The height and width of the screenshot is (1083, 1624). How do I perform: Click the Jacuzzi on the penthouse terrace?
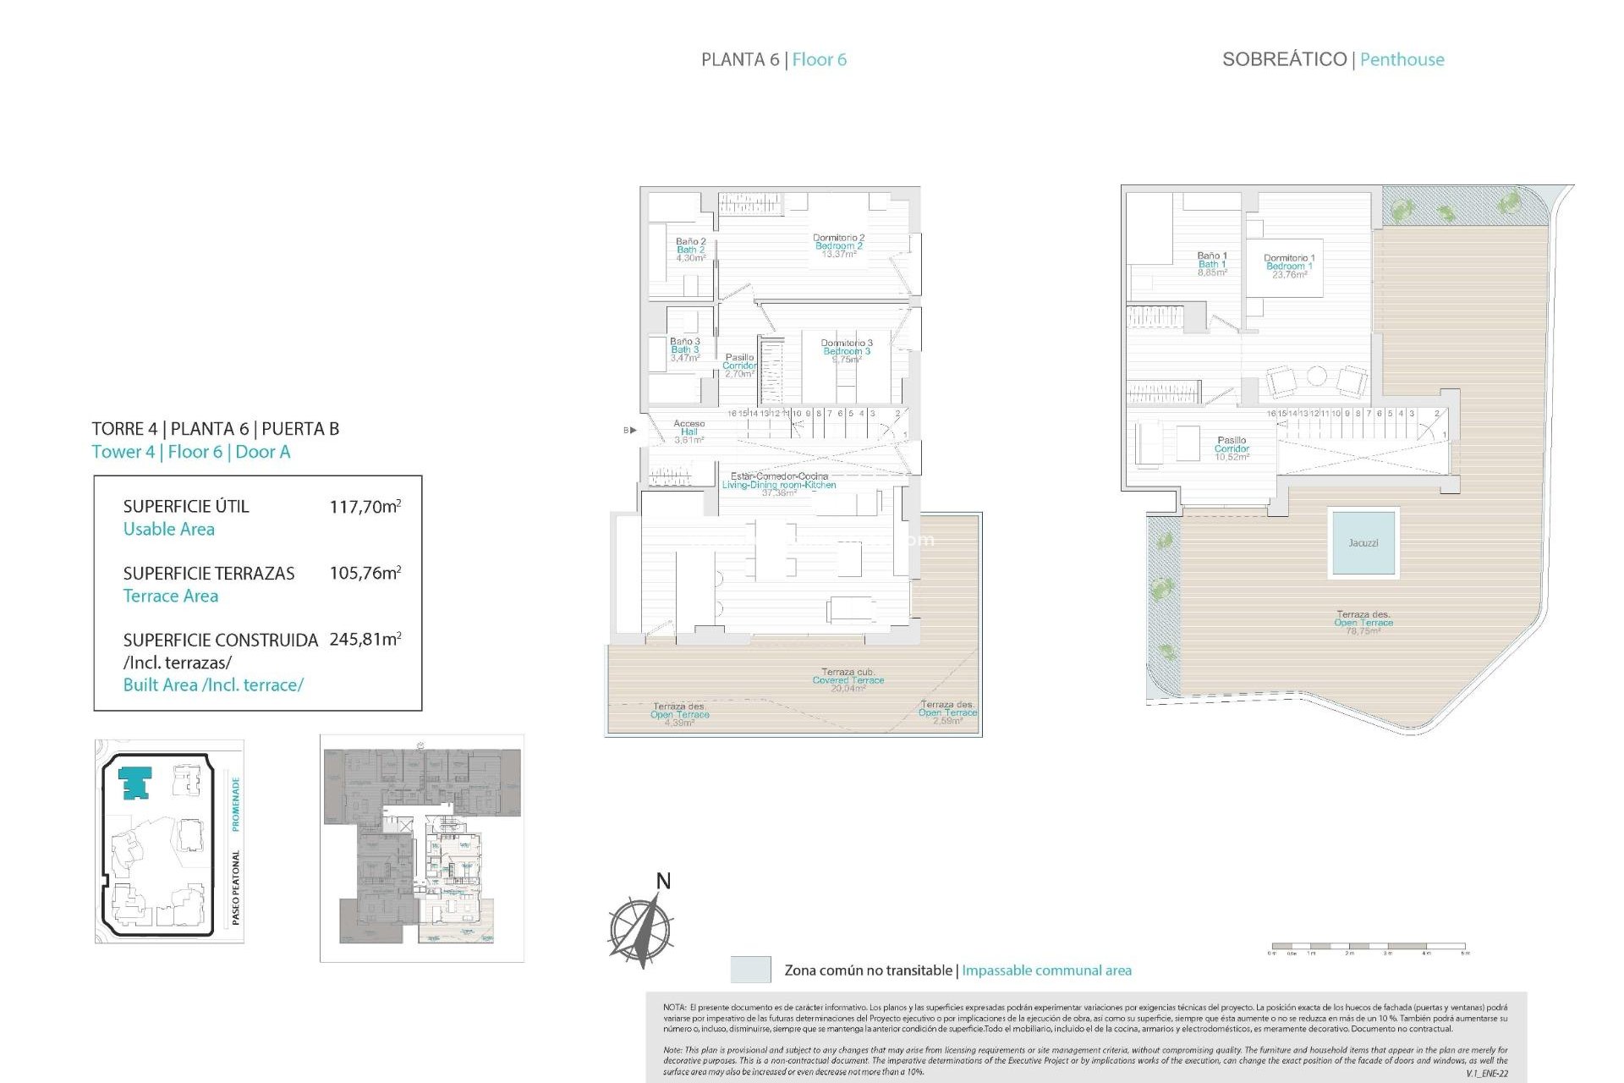[x=1363, y=542]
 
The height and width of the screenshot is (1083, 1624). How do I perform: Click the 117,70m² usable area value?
[x=365, y=507]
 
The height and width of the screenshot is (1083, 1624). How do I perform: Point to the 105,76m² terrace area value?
[x=365, y=573]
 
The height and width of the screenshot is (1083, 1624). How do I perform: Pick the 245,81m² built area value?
[x=365, y=640]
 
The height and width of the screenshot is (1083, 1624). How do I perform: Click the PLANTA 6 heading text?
[x=740, y=59]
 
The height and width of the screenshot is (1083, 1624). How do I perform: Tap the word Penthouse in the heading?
[x=1402, y=59]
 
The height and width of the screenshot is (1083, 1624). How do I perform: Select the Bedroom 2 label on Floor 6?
[x=838, y=246]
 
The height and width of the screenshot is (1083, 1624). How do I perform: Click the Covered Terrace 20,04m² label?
[x=848, y=680]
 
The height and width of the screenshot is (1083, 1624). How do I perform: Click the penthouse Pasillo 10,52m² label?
[x=1232, y=448]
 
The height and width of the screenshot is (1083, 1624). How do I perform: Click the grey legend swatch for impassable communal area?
[x=750, y=970]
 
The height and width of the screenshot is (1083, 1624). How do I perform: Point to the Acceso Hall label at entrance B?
[x=689, y=431]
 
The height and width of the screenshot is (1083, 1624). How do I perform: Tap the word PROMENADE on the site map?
[x=236, y=804]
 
